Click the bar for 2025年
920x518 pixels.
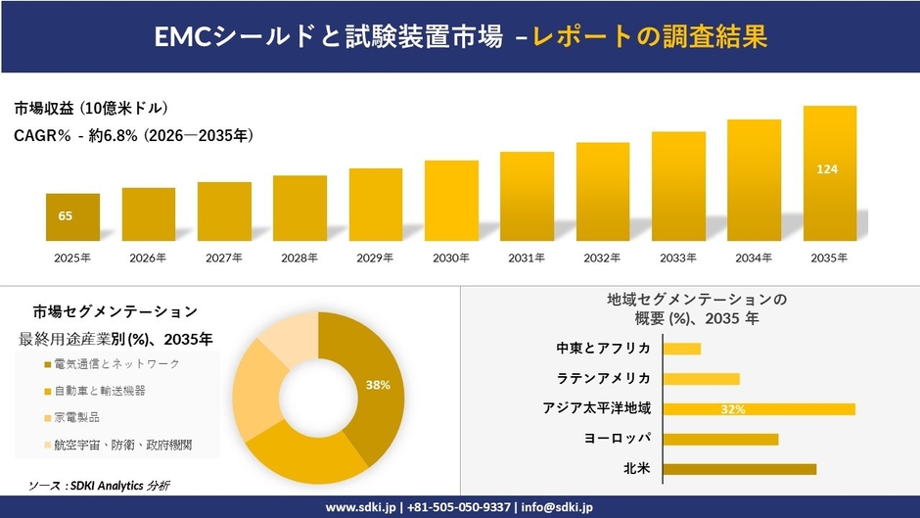[x=72, y=217]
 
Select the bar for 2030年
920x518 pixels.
[x=451, y=201]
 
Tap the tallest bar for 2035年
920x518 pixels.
[x=830, y=173]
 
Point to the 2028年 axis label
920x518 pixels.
[x=299, y=258]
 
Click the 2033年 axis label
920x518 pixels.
[x=678, y=258]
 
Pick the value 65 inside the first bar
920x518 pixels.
[x=66, y=215]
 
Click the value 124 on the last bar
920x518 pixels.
[x=827, y=169]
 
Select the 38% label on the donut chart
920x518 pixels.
[x=378, y=385]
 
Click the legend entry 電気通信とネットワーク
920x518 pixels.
[x=116, y=364]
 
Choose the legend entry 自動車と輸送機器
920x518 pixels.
[x=100, y=391]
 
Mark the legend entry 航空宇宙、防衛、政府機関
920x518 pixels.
[x=122, y=445]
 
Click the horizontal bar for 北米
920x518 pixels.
[x=739, y=469]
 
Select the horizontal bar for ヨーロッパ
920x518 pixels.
[x=720, y=439]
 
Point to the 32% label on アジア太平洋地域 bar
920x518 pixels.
[x=733, y=409]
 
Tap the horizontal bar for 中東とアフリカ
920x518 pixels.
[x=682, y=349]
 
